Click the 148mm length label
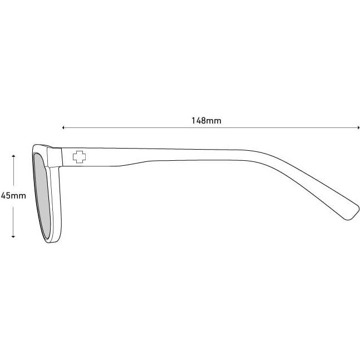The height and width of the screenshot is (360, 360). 202,120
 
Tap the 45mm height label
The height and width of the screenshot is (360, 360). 13,196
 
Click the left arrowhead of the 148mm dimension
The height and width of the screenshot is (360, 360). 64,128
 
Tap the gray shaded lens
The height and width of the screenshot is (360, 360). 42,195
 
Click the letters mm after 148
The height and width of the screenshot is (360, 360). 210,120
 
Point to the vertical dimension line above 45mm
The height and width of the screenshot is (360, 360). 13,172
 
